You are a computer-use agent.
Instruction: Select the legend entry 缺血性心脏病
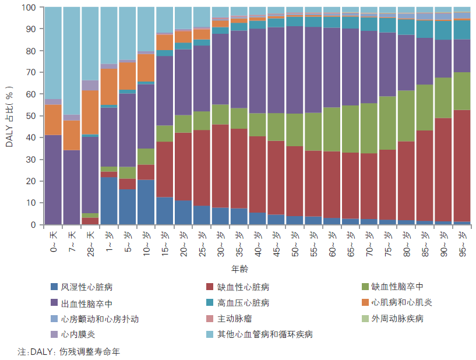click(x=243, y=287)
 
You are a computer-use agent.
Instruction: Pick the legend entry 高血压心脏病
click(x=243, y=303)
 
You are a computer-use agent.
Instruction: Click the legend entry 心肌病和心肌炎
click(x=402, y=303)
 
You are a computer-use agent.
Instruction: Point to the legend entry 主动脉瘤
click(x=235, y=319)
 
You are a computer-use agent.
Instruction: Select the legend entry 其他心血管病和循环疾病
click(x=265, y=334)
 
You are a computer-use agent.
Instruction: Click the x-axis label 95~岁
click(x=461, y=243)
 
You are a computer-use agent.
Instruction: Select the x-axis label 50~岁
click(x=296, y=243)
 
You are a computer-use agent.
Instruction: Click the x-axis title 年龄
click(x=240, y=270)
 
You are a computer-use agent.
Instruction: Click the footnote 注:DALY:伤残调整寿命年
click(x=69, y=352)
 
